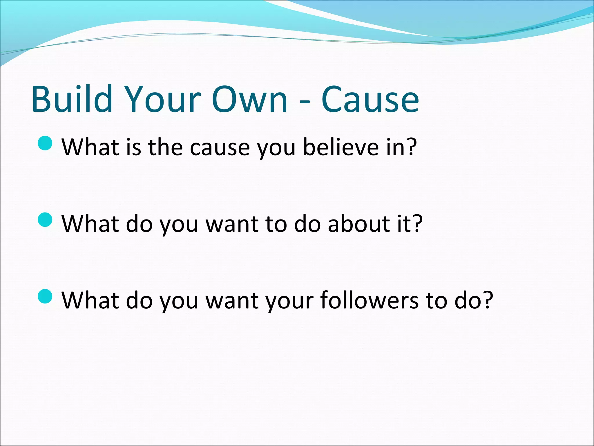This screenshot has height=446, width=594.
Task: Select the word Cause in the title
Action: pyautogui.click(x=370, y=99)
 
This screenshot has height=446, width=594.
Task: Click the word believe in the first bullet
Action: pyautogui.click(x=341, y=147)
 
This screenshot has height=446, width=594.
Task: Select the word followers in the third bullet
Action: pyautogui.click(x=370, y=300)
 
